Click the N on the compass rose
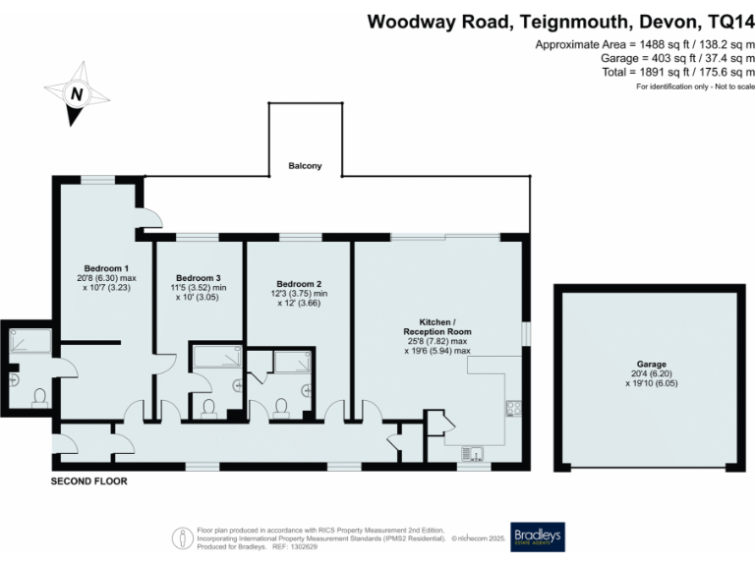click(x=75, y=94)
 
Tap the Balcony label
click(x=305, y=166)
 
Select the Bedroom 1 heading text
click(x=106, y=268)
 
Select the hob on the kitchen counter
click(x=512, y=407)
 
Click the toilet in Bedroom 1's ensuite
click(x=40, y=397)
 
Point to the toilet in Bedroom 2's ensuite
click(x=282, y=407)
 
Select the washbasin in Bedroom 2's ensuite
click(x=306, y=389)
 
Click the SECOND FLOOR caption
click(x=89, y=482)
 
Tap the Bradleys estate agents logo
click(x=537, y=535)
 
